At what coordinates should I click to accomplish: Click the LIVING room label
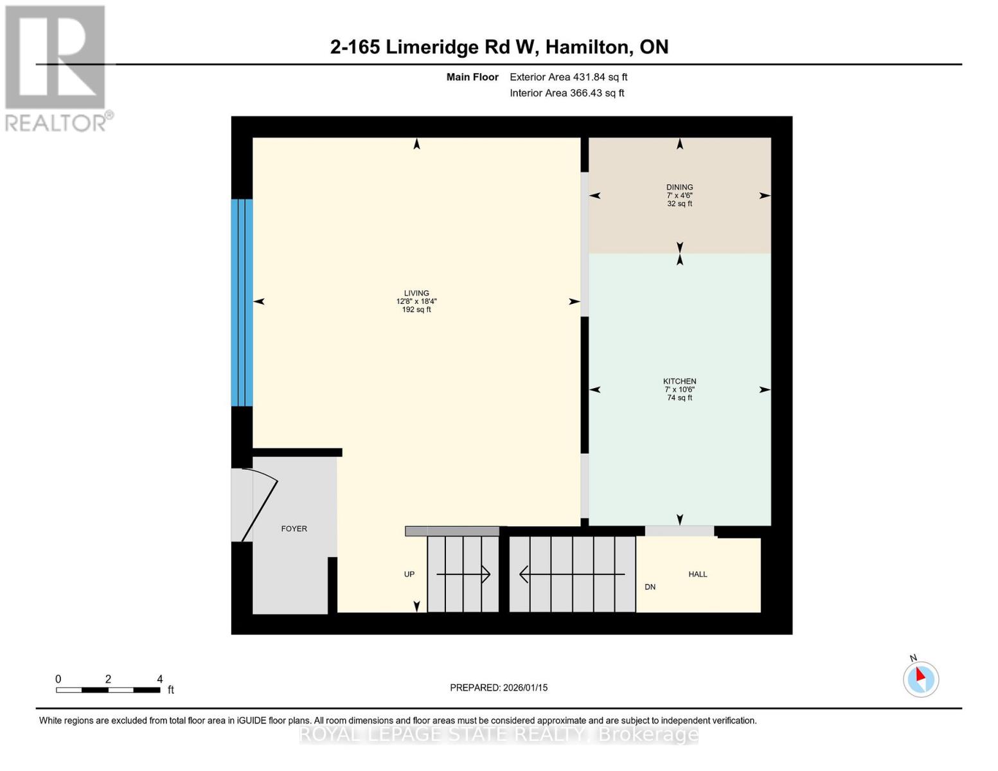click(416, 293)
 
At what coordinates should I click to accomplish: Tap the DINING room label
click(679, 187)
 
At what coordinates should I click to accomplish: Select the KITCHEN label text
click(679, 381)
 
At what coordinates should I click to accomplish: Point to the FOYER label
click(294, 529)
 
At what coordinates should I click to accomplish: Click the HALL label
click(697, 574)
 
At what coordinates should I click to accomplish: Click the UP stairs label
click(409, 574)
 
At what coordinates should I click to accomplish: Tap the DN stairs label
click(650, 587)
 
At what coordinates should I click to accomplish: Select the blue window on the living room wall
click(242, 303)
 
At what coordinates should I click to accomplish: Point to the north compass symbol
click(921, 678)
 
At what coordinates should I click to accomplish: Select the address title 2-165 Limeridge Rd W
click(499, 47)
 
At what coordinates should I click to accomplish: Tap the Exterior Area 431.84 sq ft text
click(568, 77)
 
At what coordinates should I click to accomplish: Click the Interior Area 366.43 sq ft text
click(567, 93)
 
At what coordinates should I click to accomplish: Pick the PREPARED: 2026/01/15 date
click(499, 687)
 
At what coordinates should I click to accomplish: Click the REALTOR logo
click(56, 67)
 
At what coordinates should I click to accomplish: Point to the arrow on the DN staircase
click(571, 574)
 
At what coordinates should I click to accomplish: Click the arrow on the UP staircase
click(463, 574)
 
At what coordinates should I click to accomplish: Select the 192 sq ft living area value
click(416, 310)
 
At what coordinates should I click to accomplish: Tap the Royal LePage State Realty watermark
click(499, 734)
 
